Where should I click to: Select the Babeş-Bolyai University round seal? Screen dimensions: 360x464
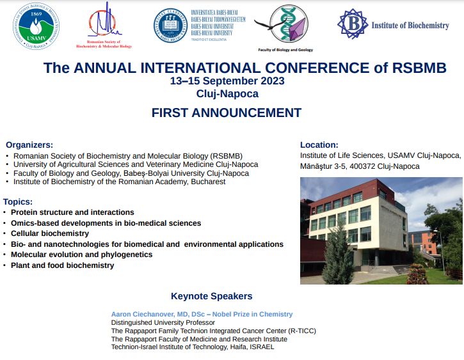(x=170, y=26)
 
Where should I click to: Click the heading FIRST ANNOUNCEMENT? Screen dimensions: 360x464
(x=226, y=113)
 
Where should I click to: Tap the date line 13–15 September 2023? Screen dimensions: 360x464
(x=227, y=81)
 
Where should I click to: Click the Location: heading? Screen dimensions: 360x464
(x=319, y=145)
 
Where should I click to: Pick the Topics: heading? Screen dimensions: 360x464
(x=18, y=201)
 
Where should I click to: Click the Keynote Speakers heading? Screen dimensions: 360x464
(x=211, y=296)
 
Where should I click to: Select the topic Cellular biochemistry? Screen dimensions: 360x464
(x=50, y=233)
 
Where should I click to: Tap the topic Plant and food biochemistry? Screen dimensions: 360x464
(x=62, y=265)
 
